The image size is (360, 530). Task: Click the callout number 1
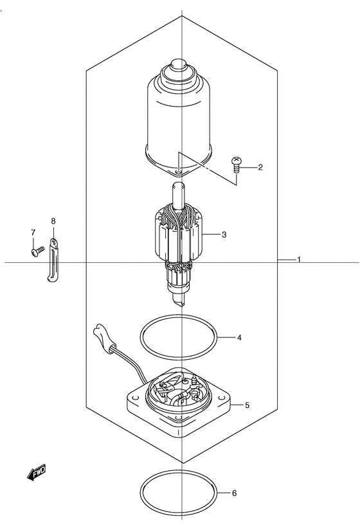pyautogui.click(x=299, y=260)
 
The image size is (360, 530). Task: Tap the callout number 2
pyautogui.click(x=260, y=167)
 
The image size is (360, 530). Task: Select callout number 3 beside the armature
pyautogui.click(x=224, y=234)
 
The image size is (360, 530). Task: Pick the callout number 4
pyautogui.click(x=239, y=338)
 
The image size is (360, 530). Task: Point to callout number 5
pyautogui.click(x=247, y=405)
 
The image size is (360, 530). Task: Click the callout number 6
pyautogui.click(x=234, y=493)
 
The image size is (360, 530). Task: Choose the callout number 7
pyautogui.click(x=33, y=233)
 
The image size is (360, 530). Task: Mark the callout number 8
pyautogui.click(x=53, y=221)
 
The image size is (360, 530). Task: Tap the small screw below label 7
pyautogui.click(x=37, y=251)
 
